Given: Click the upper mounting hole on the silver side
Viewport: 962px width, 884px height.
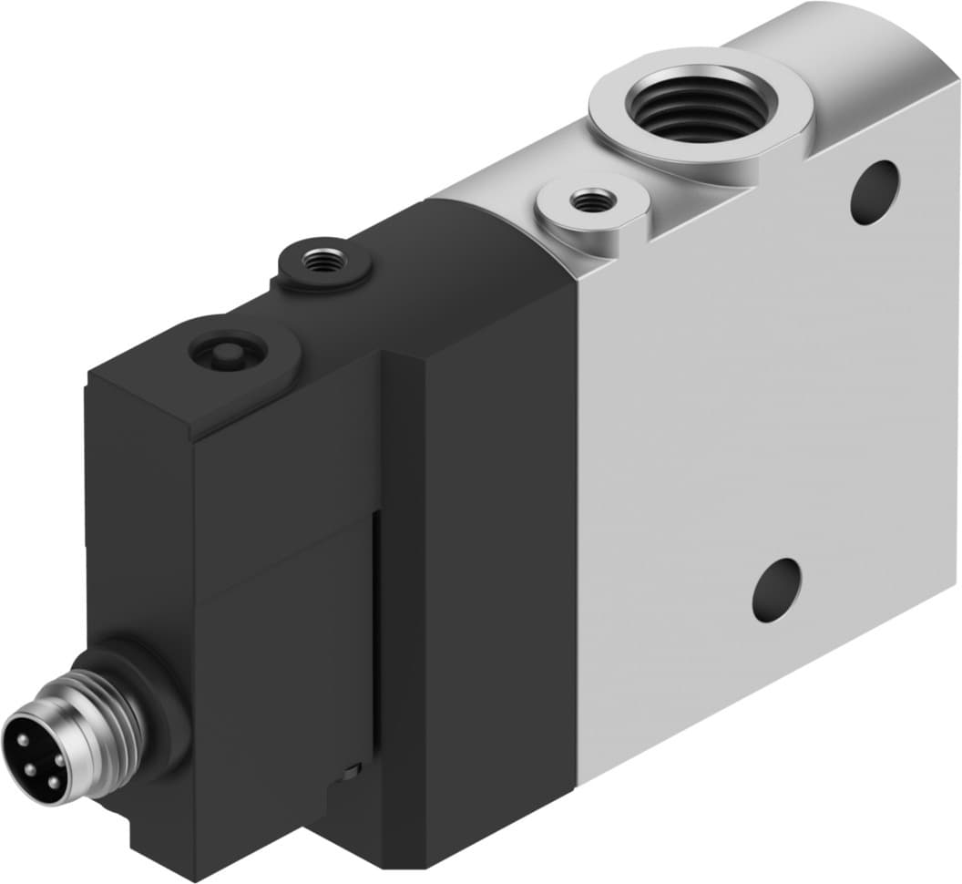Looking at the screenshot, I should point(875,192).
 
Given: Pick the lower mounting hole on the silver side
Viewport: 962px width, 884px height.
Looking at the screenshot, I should point(776,590).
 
